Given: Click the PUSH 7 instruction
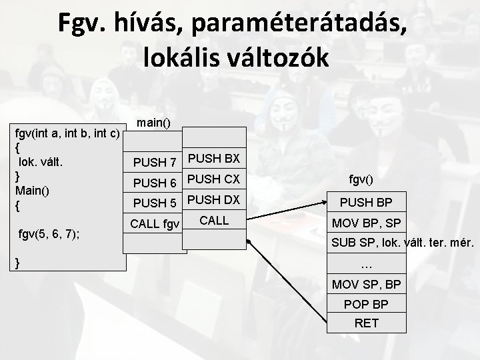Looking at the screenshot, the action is (154, 162).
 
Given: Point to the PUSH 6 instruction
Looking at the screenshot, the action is (154, 183).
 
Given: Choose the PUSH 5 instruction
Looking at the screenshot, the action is (154, 203).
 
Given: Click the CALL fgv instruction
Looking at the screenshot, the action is (154, 223).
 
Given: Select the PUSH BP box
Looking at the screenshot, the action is (366, 201).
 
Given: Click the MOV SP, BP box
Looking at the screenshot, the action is (366, 285).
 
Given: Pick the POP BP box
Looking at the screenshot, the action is (366, 304).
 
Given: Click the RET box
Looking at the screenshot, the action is (366, 323).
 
